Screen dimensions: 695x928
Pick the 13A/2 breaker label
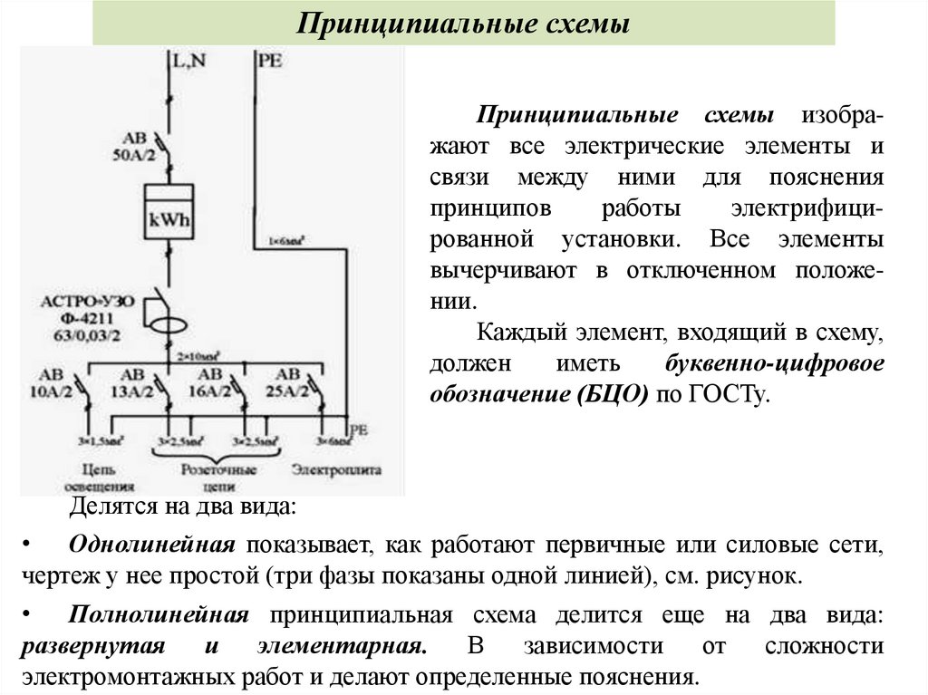(x=133, y=391)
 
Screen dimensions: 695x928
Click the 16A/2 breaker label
(x=209, y=391)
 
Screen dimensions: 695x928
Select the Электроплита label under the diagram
(x=336, y=471)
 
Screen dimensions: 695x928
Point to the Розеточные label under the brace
(x=219, y=470)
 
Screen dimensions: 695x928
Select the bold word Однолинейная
(x=152, y=545)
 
